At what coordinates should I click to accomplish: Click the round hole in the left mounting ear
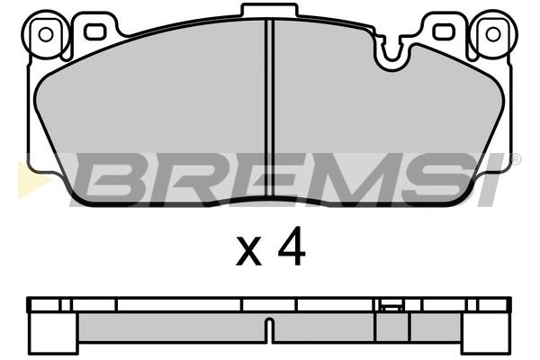point(46,35)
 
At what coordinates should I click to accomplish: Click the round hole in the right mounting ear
point(493,34)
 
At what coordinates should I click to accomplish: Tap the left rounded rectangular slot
point(94,31)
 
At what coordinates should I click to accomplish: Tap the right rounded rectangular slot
point(444,31)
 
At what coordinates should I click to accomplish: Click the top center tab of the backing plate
point(269,10)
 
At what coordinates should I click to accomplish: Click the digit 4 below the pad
point(292,246)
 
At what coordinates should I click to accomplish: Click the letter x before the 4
point(248,251)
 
